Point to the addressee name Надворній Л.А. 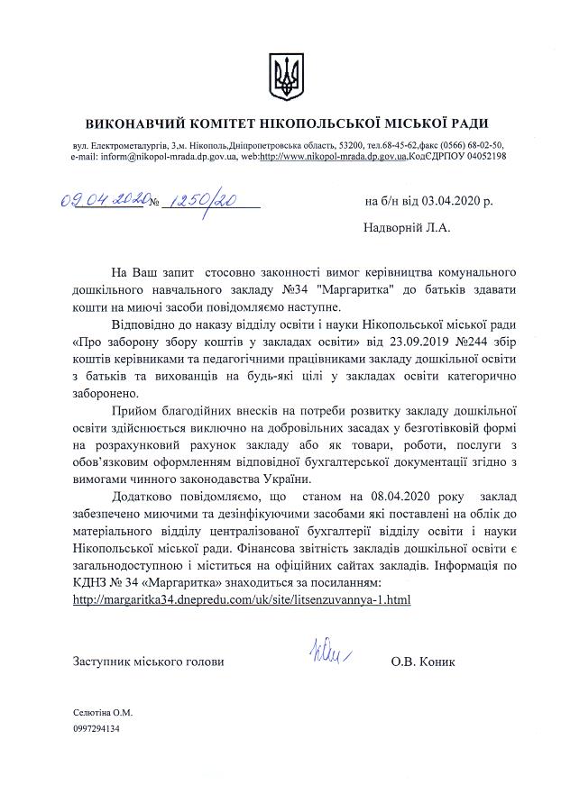[x=406, y=228]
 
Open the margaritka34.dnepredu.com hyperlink [x=242, y=598]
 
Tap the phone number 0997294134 [x=97, y=729]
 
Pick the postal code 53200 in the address [x=346, y=145]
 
